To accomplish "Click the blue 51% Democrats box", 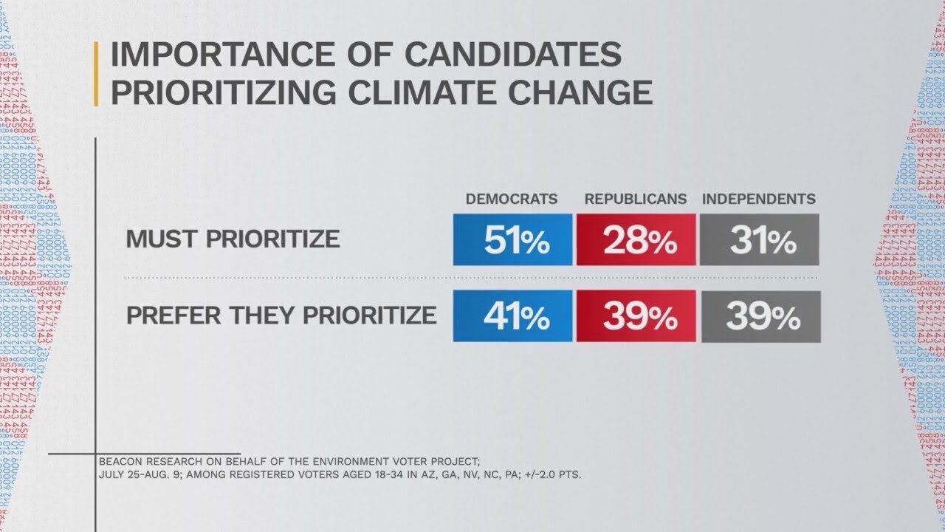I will coord(512,239).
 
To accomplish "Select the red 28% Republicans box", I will coord(636,239).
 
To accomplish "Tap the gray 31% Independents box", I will coord(760,239).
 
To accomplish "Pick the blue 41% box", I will coord(512,316).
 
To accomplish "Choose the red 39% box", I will coord(636,316).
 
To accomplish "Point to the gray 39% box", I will coord(760,316).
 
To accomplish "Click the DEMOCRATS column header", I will coord(511,199).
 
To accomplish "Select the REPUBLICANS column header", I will coord(636,199).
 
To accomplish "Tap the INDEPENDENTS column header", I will coord(758,199).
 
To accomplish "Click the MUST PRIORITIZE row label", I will coord(233,239).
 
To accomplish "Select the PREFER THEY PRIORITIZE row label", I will coord(281,316).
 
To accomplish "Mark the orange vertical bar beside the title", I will coord(95,74).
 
